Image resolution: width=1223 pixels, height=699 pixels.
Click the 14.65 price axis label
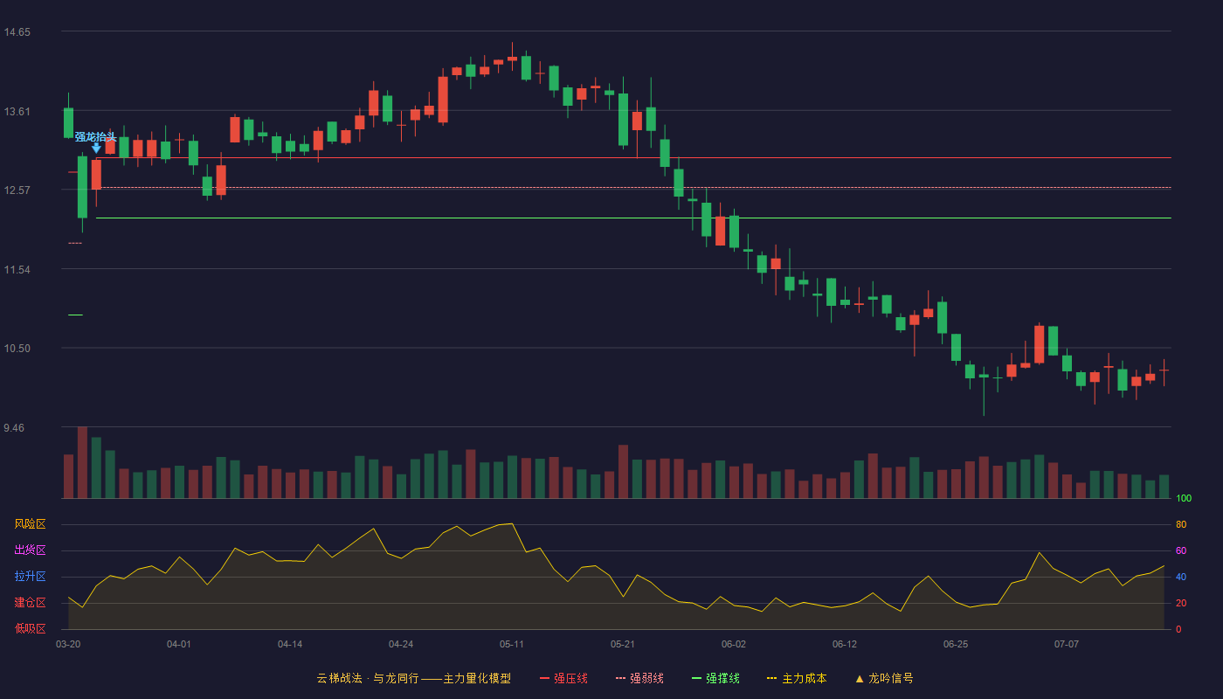(17, 32)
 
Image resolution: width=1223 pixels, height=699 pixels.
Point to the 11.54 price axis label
(17, 270)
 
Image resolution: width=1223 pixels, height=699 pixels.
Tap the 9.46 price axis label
(14, 428)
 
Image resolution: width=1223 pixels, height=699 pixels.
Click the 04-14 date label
(290, 645)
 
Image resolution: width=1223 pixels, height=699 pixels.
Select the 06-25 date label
(956, 645)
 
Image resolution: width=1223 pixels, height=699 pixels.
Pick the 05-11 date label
(512, 645)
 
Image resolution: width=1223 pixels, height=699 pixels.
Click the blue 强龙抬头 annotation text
(95, 136)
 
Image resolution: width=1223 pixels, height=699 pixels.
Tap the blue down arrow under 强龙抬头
(96, 148)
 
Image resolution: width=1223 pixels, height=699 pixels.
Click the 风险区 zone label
(30, 524)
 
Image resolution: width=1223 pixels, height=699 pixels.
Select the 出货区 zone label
(30, 550)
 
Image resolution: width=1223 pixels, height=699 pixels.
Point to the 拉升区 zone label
(30, 576)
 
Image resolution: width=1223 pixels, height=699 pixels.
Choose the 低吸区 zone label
(30, 628)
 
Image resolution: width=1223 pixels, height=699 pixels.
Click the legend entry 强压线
(563, 678)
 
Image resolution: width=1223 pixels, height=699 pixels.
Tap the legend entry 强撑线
(715, 678)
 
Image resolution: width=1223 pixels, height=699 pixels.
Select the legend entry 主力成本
(797, 678)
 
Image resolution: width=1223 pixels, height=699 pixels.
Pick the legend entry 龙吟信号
(884, 678)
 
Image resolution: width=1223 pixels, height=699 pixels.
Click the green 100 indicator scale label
(1184, 498)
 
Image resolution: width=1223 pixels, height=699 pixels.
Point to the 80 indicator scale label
(1181, 524)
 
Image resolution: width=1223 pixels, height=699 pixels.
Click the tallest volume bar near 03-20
(82, 462)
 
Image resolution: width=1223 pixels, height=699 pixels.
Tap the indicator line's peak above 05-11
(512, 523)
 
